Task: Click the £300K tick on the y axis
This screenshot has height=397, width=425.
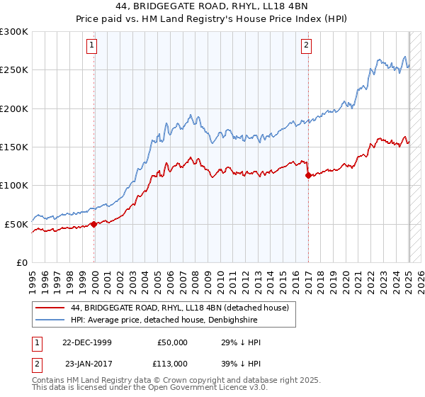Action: coord(14,32)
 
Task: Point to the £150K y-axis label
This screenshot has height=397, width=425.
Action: coord(14,147)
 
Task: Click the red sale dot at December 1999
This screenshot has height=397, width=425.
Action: coord(94,224)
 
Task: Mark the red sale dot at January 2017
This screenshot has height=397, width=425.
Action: coord(307,176)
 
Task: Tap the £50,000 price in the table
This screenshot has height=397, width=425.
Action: coord(172,342)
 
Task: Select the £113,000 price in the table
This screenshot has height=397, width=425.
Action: coord(172,363)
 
